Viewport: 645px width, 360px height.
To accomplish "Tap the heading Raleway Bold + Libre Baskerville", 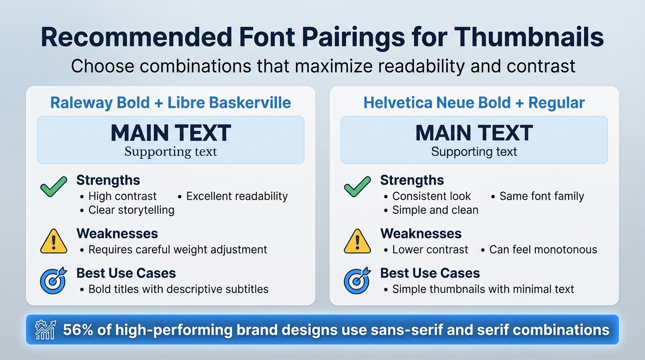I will pos(171,103).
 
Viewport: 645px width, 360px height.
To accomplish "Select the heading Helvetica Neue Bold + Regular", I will pos(474,103).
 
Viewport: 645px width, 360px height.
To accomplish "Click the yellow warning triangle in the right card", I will pos(357,241).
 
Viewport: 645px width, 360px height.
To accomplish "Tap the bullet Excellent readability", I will pos(237,196).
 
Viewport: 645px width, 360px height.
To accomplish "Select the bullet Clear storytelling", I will pos(131,210).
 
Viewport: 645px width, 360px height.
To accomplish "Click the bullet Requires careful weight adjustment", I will pos(178,249).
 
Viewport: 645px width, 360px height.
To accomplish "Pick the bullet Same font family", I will pos(541,196).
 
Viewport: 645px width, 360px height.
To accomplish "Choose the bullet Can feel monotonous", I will pos(543,249).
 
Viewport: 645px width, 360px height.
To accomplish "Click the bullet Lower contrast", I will pos(430,249).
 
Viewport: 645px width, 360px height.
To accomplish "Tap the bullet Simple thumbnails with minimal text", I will pos(483,289).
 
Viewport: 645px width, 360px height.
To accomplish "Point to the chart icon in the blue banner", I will pos(46,330).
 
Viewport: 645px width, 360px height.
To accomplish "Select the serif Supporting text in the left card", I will pos(171,152).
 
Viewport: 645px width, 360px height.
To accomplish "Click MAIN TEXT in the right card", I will pos(474,133).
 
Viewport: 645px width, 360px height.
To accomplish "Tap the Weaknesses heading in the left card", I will pos(117,233).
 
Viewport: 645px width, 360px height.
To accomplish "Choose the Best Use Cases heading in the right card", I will pos(430,273).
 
